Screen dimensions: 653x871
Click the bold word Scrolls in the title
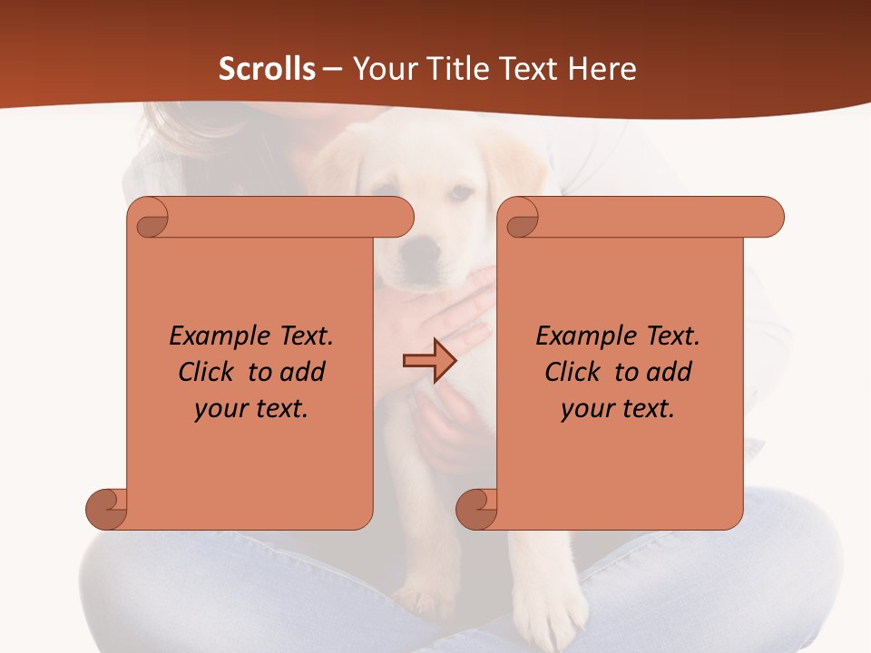[x=267, y=69]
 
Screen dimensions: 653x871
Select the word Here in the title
[x=602, y=69]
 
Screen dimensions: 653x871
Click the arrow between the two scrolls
[x=429, y=361]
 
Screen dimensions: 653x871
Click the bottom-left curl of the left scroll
[x=106, y=509]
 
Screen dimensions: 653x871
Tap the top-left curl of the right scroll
[x=522, y=218]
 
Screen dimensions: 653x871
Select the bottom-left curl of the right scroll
[x=476, y=509]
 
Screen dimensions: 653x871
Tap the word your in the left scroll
[x=220, y=409]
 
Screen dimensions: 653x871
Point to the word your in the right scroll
[x=587, y=409]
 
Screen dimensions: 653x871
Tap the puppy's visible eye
[x=461, y=193]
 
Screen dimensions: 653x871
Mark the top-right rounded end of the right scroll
[x=766, y=218]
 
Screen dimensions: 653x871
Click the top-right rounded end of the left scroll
[x=396, y=218]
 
